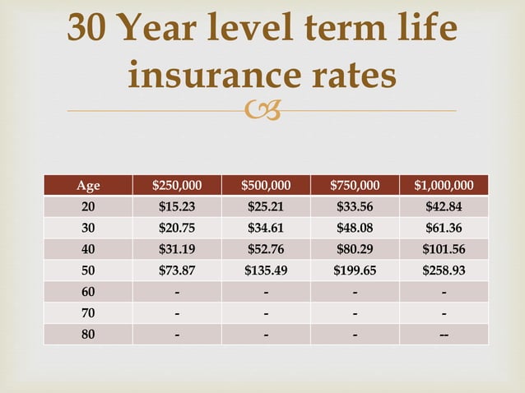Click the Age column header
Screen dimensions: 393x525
coord(88,185)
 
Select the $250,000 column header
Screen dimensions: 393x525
coord(178,185)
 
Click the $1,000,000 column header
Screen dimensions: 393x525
coord(444,185)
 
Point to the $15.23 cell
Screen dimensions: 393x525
coord(178,206)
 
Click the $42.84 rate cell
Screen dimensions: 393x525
coord(444,206)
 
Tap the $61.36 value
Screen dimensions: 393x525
coord(444,228)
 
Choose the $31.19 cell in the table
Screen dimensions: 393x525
coord(178,249)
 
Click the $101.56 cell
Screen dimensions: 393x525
coord(444,249)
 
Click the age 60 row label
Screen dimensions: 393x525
coord(88,292)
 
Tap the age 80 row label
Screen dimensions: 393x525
coord(88,335)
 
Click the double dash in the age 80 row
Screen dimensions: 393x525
coord(444,335)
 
